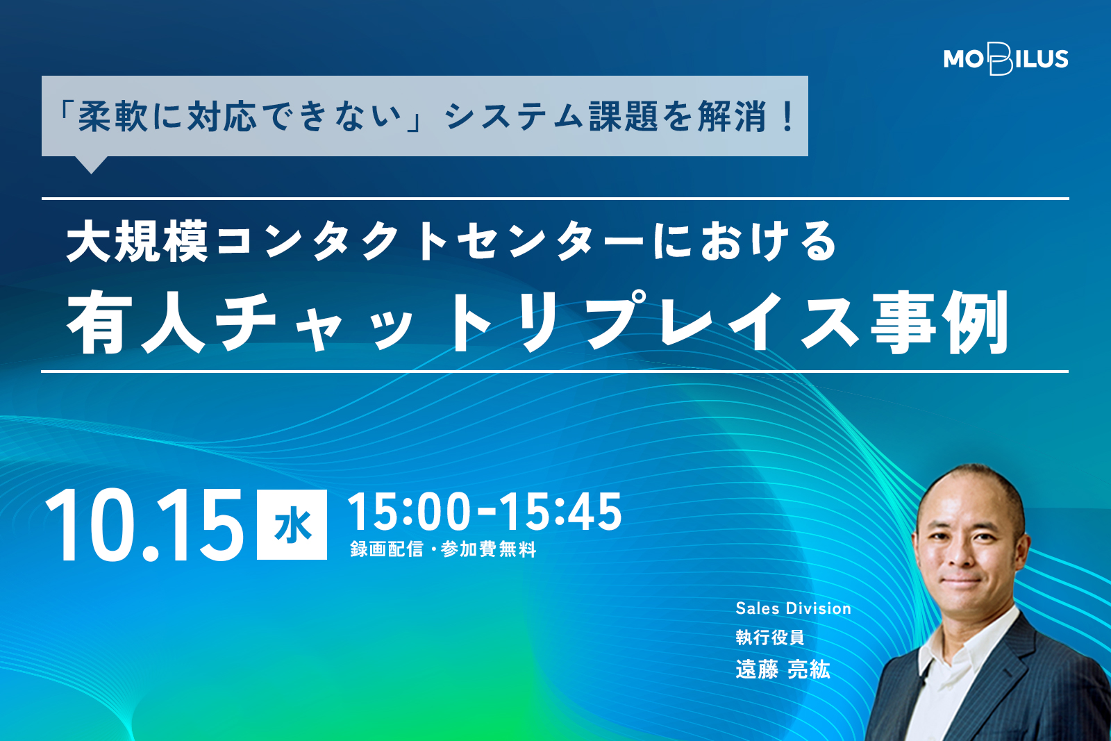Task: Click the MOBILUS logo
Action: (1006, 58)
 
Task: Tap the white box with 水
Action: (292, 525)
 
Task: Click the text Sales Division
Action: (793, 608)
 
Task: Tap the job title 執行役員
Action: (770, 638)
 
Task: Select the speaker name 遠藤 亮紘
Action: (783, 669)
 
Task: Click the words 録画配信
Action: (387, 549)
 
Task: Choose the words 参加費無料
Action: (489, 549)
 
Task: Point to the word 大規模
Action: (137, 242)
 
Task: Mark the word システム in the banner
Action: (514, 117)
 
